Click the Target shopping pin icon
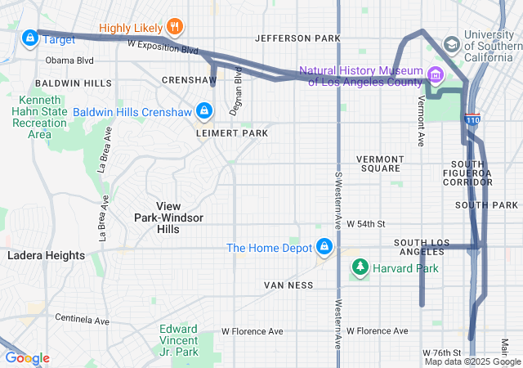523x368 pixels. [x=30, y=38]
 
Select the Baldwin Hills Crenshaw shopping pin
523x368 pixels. [x=204, y=110]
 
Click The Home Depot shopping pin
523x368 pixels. [x=324, y=246]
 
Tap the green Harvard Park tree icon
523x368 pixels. [x=360, y=267]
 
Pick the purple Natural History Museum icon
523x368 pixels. [x=434, y=76]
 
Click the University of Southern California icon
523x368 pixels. [x=451, y=44]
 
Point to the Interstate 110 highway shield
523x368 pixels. [x=472, y=120]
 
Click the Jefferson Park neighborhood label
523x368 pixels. [x=297, y=38]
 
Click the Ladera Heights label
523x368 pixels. [x=46, y=255]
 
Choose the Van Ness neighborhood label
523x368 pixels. [x=288, y=285]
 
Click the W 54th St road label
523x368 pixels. [x=365, y=223]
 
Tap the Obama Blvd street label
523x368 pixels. [x=69, y=60]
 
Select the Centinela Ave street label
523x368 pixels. [x=82, y=319]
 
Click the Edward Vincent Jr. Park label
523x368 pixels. [x=178, y=340]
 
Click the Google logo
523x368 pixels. [x=26, y=358]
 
